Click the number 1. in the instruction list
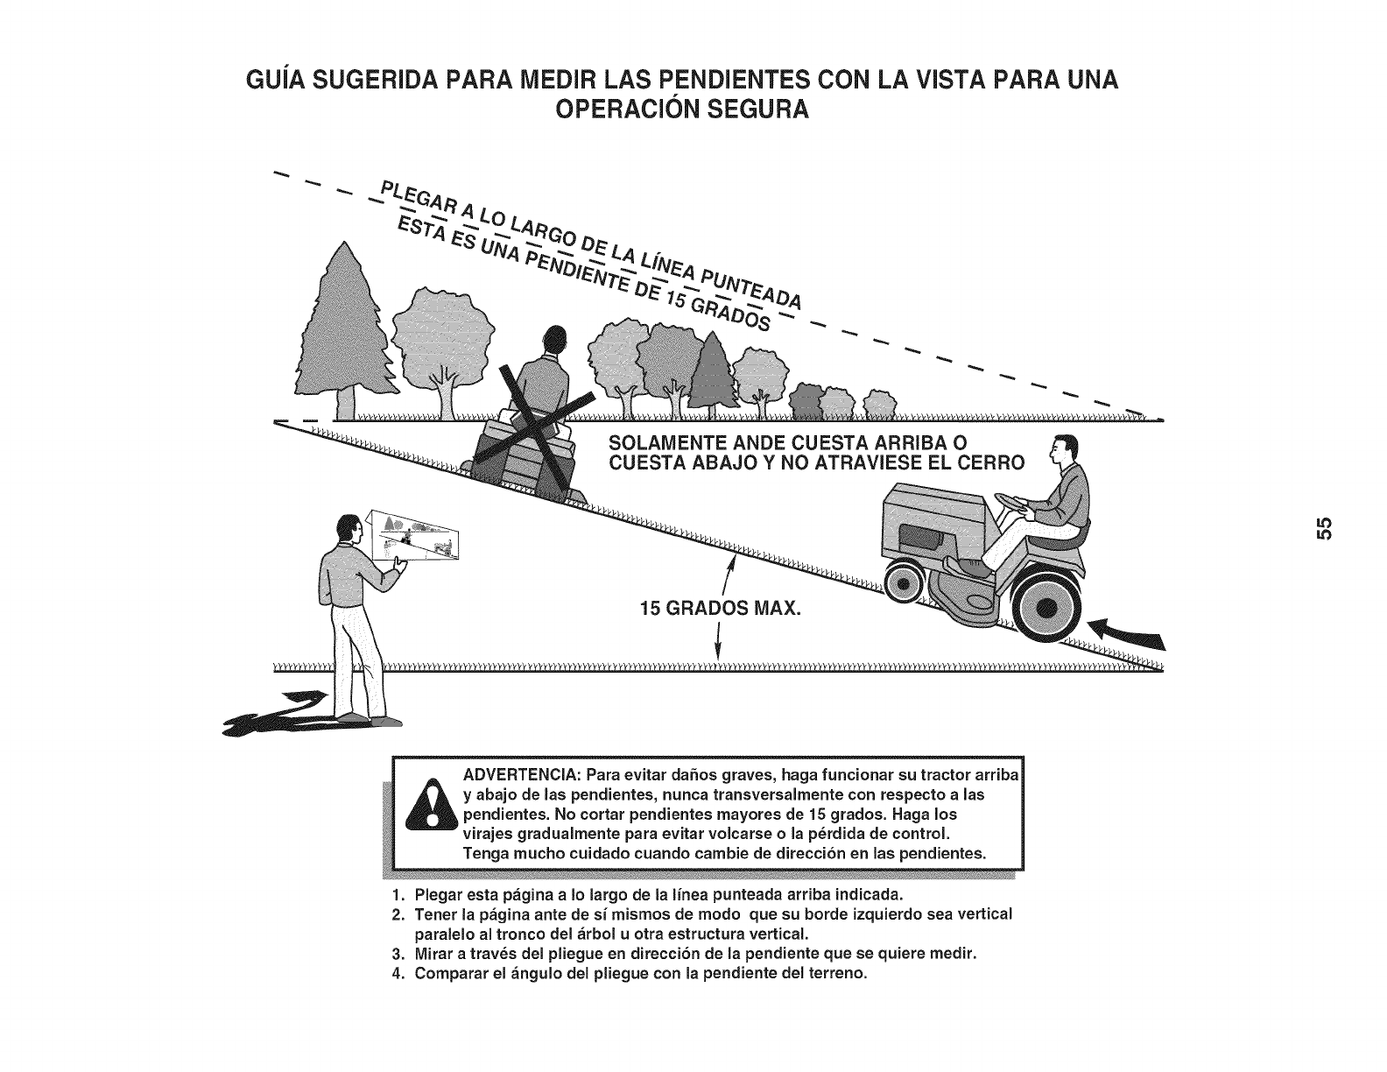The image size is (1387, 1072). pyautogui.click(x=398, y=895)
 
